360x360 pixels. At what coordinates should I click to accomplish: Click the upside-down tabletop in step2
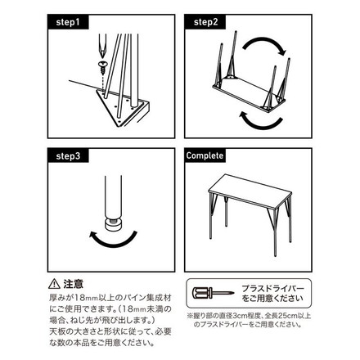[245, 82]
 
